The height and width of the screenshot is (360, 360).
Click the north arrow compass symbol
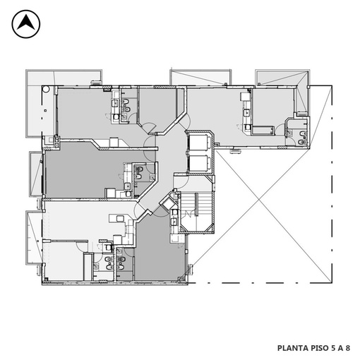tap(26, 24)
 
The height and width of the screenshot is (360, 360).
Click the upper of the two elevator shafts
tap(199, 142)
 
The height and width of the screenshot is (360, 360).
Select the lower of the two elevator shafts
tap(199, 163)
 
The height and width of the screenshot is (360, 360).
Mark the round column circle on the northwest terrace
tap(46, 89)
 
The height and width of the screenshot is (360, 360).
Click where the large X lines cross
tap(259, 200)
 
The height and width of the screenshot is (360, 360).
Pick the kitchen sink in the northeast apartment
tap(247, 113)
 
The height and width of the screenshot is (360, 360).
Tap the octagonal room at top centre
tap(157, 109)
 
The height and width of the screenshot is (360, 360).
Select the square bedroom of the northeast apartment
tap(273, 107)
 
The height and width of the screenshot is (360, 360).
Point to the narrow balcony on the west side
tap(36, 174)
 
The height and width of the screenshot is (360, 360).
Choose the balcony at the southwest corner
tap(35, 238)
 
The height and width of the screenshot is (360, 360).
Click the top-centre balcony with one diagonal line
tap(200, 78)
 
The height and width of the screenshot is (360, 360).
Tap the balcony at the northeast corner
tap(282, 78)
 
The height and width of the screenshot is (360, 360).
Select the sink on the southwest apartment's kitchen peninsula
tap(119, 219)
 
